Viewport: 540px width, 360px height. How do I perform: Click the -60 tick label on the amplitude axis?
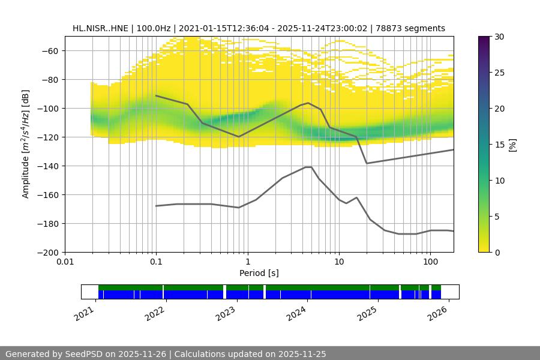tap(49, 51)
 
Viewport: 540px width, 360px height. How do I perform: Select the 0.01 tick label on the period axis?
tap(65, 262)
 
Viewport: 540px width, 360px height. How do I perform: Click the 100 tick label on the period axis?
tap(430, 262)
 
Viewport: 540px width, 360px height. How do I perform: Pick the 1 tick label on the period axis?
tap(247, 262)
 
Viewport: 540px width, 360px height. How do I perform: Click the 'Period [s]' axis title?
tap(259, 273)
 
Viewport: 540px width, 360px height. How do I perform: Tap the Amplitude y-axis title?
tap(25, 144)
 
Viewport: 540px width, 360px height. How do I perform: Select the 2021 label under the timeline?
tap(84, 314)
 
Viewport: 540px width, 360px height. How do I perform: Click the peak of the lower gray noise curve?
tap(308, 167)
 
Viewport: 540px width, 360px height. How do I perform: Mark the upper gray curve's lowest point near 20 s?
tap(367, 163)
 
